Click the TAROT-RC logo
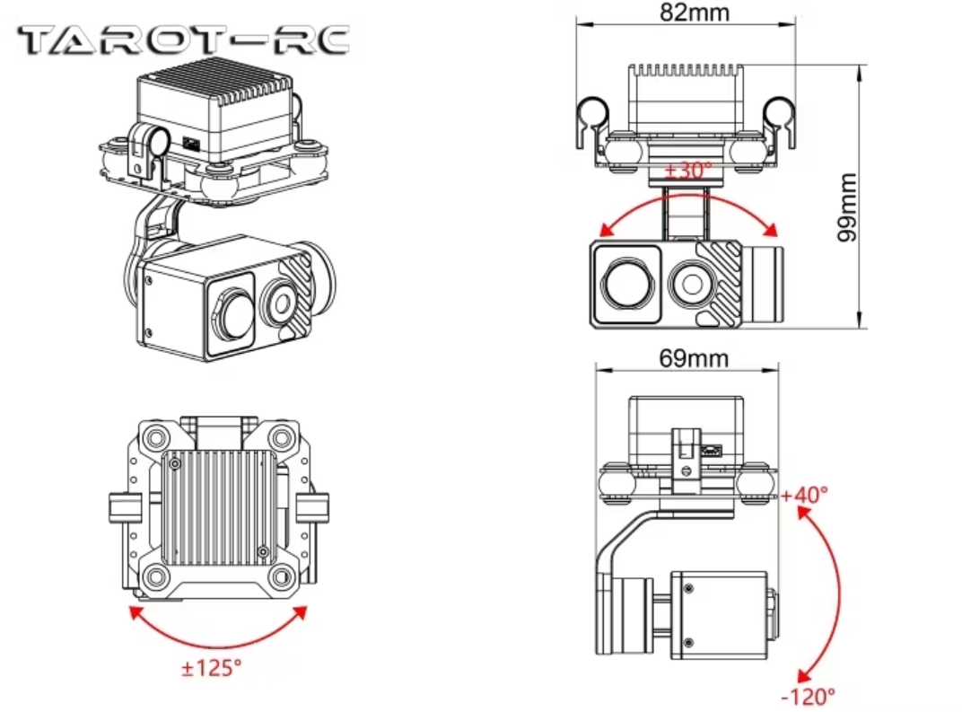coord(183,40)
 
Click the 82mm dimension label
coord(695,12)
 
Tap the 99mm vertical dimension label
coord(847,207)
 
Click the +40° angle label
coord(804,495)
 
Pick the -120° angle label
coord(808,694)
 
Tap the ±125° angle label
coord(212,667)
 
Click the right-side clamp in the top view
coord(311,508)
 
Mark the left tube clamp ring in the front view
coord(593,111)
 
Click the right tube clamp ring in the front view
coord(778,111)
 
